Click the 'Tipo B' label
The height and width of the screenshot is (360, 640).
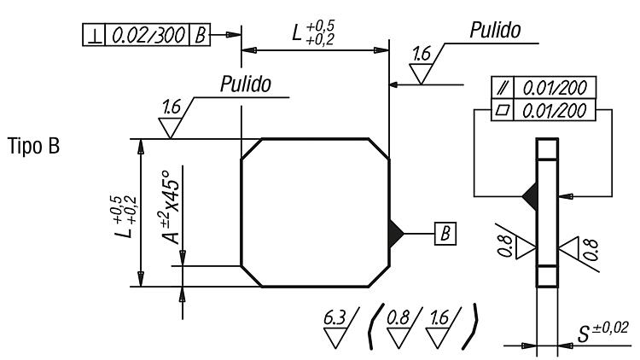(x=33, y=146)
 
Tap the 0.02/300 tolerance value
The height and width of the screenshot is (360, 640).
(x=148, y=35)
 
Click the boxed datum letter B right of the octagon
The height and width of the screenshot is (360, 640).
(x=445, y=234)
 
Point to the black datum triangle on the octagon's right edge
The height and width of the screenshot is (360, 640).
(x=395, y=234)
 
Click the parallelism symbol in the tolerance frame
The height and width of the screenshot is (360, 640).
(x=503, y=87)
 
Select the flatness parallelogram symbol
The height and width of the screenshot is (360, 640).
(x=503, y=110)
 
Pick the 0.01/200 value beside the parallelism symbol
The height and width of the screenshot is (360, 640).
(x=555, y=87)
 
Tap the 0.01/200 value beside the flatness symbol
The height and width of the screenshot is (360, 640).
(x=555, y=110)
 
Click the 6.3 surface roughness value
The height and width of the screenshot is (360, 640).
(x=335, y=318)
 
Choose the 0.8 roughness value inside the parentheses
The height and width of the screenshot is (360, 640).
(x=398, y=318)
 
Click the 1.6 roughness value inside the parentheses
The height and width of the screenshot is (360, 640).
(x=439, y=318)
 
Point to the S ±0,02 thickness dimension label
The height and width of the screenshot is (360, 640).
(x=602, y=333)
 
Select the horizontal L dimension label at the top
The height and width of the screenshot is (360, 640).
(x=313, y=32)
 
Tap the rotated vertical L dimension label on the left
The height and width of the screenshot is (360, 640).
(x=125, y=217)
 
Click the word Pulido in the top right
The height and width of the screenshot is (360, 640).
(x=495, y=30)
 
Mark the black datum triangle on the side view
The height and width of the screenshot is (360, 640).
(x=530, y=197)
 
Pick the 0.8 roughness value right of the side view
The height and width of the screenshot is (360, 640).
(x=591, y=250)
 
